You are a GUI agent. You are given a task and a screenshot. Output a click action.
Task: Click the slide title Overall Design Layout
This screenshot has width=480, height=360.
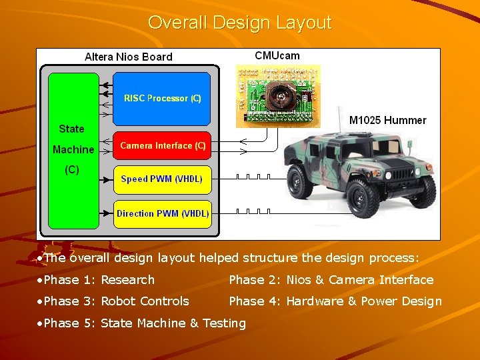coord(239,23)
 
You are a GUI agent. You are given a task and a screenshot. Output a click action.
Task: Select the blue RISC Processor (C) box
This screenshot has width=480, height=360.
coord(162,98)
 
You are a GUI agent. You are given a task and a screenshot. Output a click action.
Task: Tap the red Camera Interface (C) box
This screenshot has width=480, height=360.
coord(162,145)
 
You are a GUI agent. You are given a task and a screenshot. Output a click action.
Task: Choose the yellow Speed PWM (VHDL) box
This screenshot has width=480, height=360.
coord(162,179)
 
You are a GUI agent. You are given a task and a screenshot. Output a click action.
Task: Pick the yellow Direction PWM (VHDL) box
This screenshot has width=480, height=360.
coord(162,214)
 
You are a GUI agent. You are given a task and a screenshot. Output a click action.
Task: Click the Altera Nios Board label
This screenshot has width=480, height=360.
coord(128,57)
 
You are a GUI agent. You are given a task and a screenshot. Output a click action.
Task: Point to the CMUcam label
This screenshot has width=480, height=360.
coord(277,55)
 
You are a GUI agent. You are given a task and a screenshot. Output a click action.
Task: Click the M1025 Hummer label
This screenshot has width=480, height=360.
coord(387,120)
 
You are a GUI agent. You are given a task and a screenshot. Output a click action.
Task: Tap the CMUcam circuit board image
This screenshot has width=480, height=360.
coord(278,95)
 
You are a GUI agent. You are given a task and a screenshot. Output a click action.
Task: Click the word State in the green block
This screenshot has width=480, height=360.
coord(71,129)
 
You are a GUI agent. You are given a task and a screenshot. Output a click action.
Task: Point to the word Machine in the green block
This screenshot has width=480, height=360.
coord(73,149)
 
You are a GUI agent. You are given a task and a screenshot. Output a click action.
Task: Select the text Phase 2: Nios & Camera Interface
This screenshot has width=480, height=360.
coord(331,280)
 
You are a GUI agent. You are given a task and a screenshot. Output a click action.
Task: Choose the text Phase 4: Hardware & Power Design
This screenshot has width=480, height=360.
coord(335,301)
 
